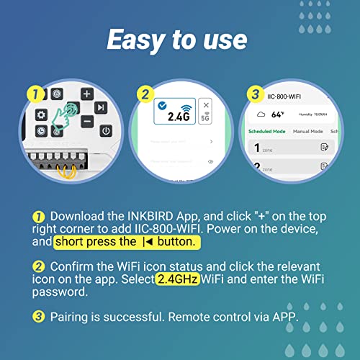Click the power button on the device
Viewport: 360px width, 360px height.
click(x=106, y=130)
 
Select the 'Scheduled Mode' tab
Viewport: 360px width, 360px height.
click(x=267, y=132)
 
